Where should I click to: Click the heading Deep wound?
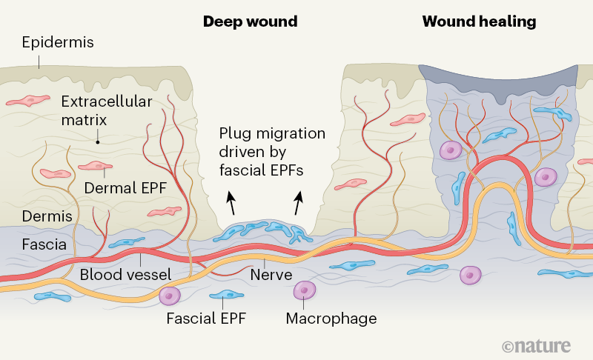click(x=250, y=21)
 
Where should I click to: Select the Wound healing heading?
click(x=479, y=21)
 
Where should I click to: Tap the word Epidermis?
click(x=58, y=42)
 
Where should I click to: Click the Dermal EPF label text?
click(x=125, y=188)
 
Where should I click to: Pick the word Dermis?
click(x=47, y=216)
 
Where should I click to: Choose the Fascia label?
click(x=46, y=243)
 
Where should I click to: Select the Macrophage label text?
click(x=331, y=319)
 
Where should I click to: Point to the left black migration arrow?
click(x=232, y=202)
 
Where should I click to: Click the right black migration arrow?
click(x=299, y=202)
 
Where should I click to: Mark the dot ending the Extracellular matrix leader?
click(x=98, y=141)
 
